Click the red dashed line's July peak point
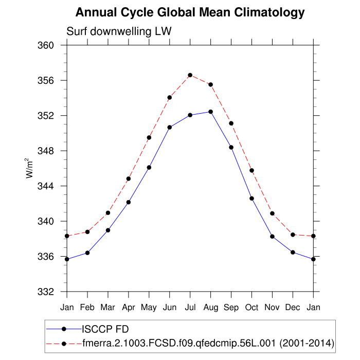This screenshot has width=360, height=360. tap(190, 75)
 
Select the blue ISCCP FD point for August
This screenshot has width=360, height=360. tap(211, 112)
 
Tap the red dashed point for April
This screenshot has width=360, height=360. tap(129, 178)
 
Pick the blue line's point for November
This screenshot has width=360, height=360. tap(273, 237)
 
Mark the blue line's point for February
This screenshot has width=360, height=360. tap(87, 253)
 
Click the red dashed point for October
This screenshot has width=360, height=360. tap(252, 170)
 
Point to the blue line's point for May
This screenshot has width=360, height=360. tap(149, 167)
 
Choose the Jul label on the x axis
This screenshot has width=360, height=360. tap(190, 307)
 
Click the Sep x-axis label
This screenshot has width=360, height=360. tap(231, 307)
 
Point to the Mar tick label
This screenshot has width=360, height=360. tap(108, 307)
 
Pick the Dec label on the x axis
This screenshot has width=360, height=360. tap(293, 307)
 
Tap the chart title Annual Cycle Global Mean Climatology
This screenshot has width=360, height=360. tap(190, 12)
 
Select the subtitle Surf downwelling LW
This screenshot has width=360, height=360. tap(119, 31)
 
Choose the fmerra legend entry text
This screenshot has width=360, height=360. tap(208, 343)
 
